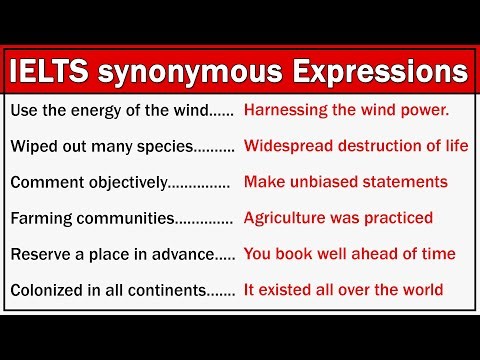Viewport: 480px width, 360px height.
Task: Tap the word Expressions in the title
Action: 369,73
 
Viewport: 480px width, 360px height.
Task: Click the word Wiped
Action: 33,146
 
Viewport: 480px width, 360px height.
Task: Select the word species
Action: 156,146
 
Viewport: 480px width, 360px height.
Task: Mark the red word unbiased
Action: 322,182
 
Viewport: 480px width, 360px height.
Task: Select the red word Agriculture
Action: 286,218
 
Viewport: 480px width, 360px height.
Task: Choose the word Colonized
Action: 47,290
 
